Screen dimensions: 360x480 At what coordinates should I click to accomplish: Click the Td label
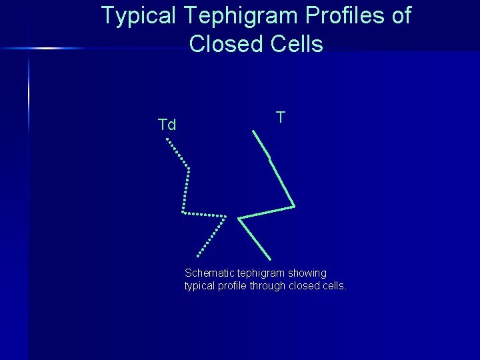coord(167,125)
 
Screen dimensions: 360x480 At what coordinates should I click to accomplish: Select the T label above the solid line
coord(281,117)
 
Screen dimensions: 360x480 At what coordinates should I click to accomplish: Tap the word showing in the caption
coord(309,273)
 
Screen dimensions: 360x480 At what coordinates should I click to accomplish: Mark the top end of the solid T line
coord(253,131)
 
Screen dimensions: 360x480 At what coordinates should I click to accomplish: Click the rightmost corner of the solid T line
coord(294,206)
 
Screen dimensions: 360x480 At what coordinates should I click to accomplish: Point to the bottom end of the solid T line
coord(271,259)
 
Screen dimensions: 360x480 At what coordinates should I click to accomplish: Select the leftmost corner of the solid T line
coord(239,218)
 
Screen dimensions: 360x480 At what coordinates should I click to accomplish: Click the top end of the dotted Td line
coord(167,139)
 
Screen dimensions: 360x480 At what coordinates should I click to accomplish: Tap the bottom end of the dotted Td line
coord(197,256)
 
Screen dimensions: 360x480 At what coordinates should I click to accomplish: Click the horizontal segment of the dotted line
coord(204,214)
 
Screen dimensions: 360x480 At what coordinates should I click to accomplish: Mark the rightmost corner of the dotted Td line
coord(225,216)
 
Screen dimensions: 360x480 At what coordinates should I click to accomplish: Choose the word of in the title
coord(401,16)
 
